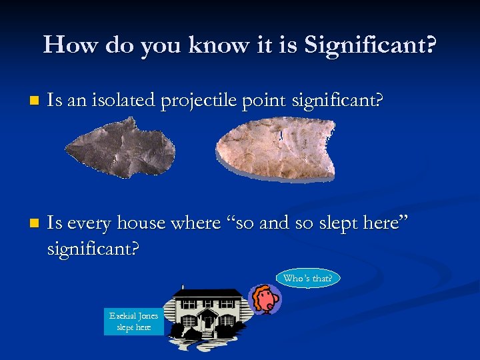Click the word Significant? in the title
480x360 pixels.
369,45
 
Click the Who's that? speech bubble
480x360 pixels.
307,278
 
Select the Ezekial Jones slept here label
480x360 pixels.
134,321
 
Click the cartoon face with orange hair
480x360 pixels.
266,299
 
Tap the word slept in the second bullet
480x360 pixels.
347,223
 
